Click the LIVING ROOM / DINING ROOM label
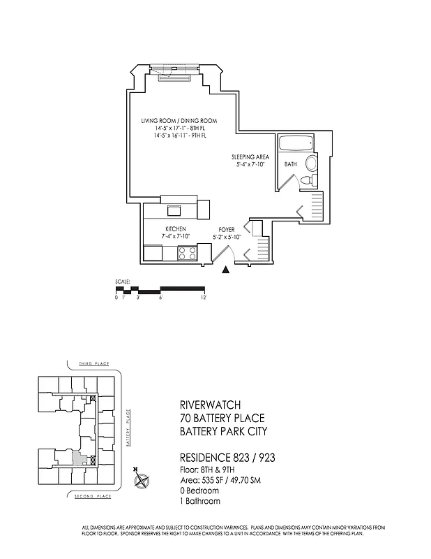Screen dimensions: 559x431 click(x=179, y=121)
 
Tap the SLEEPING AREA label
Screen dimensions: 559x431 click(x=250, y=157)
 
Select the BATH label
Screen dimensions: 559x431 click(x=290, y=164)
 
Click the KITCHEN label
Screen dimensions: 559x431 click(x=175, y=228)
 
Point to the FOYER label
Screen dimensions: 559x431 click(x=227, y=228)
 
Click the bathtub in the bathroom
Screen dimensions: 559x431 click(x=296, y=145)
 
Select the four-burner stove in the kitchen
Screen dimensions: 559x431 click(x=187, y=253)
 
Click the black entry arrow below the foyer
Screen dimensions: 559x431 click(x=225, y=271)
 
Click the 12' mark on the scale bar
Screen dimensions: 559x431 click(x=204, y=297)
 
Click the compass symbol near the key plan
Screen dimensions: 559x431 click(x=142, y=481)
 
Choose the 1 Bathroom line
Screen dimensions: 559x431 click(x=200, y=501)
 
